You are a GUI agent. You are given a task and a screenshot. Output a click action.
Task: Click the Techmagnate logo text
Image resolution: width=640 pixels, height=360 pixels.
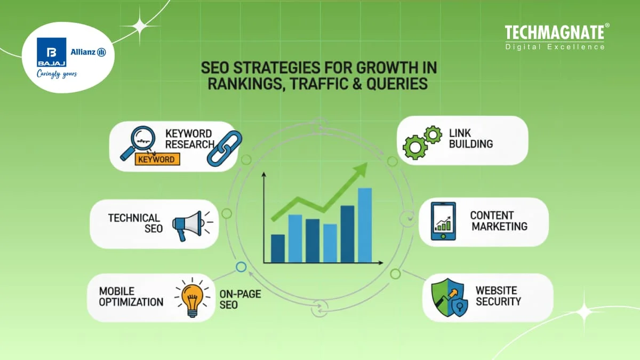click(554, 33)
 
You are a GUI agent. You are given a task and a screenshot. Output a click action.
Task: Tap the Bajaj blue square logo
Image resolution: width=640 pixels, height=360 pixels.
click(52, 52)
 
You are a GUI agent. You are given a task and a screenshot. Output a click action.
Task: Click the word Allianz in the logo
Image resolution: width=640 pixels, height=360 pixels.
click(84, 52)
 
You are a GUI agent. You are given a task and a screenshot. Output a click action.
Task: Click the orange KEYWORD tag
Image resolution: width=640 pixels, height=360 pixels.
click(157, 159)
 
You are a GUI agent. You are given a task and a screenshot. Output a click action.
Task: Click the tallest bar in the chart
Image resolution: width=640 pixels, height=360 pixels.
click(365, 225)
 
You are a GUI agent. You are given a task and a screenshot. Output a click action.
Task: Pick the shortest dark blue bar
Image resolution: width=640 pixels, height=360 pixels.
click(278, 249)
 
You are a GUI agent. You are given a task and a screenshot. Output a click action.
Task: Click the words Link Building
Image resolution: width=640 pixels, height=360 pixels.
click(471, 138)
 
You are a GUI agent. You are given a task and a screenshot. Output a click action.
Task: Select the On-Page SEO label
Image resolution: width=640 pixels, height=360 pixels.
click(233, 299)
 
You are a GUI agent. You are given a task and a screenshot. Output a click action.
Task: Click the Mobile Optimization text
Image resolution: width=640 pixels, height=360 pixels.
click(131, 297)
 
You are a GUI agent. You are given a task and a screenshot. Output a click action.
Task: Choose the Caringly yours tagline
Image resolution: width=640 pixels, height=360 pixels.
click(57, 74)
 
